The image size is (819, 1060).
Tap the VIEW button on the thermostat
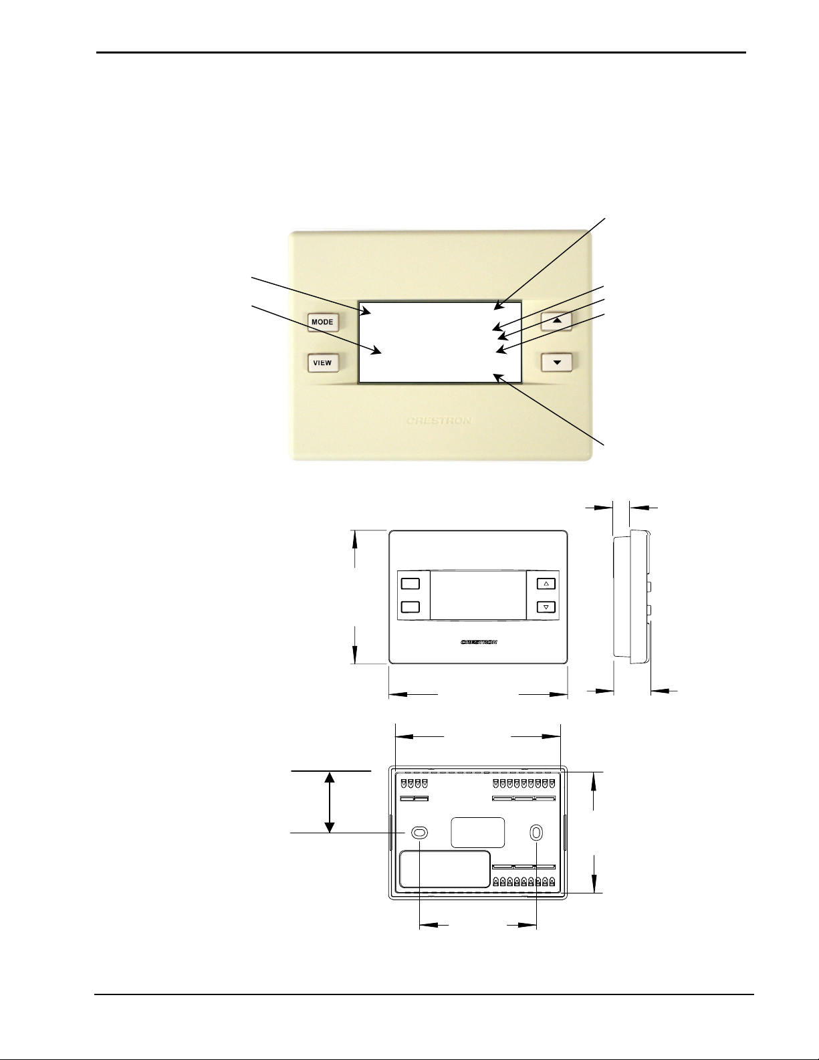323,363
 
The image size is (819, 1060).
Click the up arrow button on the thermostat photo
556,321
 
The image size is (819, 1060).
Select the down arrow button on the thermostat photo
556,363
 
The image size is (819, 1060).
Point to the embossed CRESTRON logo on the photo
439,421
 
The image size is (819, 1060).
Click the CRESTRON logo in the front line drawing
479,642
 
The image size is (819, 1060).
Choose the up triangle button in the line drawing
546,583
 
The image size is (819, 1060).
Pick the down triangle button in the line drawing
546,607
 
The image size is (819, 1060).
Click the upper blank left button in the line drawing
410,583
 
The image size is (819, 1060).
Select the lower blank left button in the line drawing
410,607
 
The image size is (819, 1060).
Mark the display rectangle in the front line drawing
478,596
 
